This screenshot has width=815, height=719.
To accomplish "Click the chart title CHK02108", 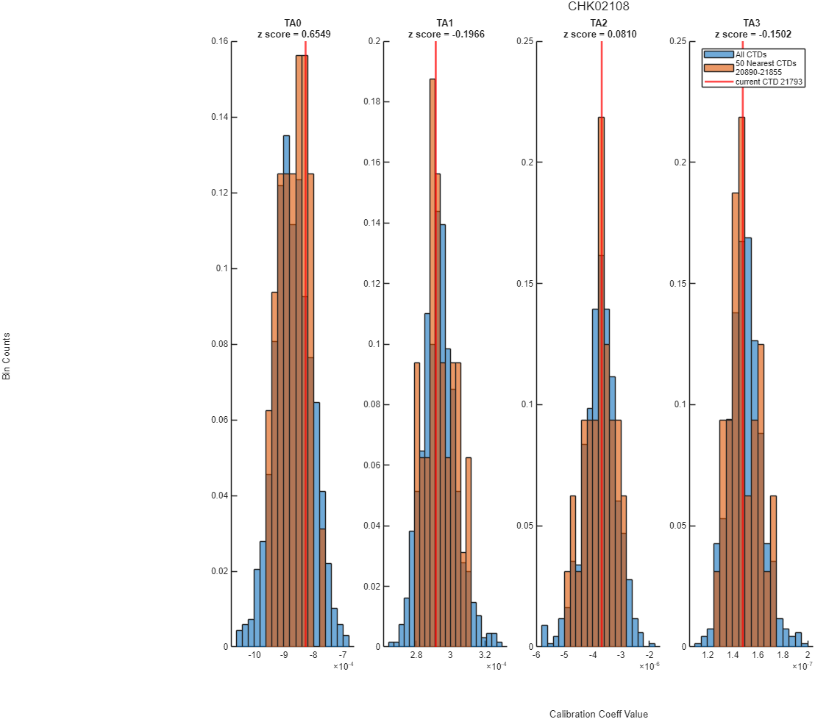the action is click(x=598, y=6).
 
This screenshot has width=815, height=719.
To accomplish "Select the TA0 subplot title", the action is click(x=293, y=23).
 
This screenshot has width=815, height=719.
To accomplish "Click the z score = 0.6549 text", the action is click(x=294, y=35).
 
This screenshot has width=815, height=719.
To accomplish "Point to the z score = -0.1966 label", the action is click(x=446, y=35).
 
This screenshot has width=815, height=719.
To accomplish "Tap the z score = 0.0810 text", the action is click(x=599, y=35).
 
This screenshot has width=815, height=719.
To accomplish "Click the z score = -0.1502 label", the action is click(x=753, y=35).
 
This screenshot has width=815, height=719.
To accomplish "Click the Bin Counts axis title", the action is click(x=6, y=357).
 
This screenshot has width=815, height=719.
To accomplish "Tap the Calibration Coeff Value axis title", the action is click(x=599, y=714).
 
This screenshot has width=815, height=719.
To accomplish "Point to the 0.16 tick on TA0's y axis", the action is click(x=220, y=41).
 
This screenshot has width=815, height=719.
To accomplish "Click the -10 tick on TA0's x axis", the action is click(x=255, y=655).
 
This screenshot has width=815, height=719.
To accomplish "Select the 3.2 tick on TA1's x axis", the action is click(x=485, y=655).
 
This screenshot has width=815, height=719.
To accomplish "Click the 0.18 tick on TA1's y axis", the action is click(x=372, y=101).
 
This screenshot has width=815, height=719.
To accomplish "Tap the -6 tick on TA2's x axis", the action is click(x=536, y=655).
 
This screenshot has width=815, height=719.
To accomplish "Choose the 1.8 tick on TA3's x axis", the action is click(x=783, y=655).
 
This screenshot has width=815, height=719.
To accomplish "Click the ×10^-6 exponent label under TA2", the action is click(x=649, y=666).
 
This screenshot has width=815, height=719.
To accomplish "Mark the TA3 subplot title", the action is click(x=752, y=23).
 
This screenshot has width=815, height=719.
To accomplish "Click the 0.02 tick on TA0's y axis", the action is click(x=220, y=571).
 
